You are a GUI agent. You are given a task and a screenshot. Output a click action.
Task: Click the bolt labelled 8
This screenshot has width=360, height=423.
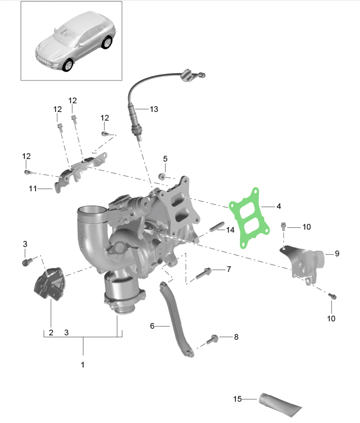(213, 340)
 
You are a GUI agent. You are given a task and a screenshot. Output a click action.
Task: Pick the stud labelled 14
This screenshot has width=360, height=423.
(217, 227)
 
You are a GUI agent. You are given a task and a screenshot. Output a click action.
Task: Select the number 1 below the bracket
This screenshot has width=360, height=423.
(83, 365)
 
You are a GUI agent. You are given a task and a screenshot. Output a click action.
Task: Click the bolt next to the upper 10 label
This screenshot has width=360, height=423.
(283, 226)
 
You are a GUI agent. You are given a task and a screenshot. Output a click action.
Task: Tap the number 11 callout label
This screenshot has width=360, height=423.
(32, 189)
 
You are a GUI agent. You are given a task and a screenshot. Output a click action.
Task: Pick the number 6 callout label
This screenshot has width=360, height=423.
(152, 326)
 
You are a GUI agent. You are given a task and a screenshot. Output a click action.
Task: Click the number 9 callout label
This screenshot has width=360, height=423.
(337, 253)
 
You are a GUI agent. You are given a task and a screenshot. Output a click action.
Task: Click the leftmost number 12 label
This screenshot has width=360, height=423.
(26, 156)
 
